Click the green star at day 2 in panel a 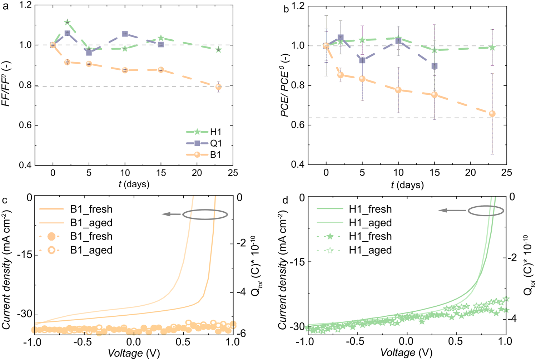coord(67,23)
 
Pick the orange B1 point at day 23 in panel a coord(218,87)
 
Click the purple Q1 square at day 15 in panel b coord(435,66)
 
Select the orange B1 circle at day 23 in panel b coord(492,114)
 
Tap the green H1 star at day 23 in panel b coord(492,47)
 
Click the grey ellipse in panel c coord(205,214)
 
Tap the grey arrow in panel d coord(452,211)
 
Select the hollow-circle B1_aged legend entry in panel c coord(91,250)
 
